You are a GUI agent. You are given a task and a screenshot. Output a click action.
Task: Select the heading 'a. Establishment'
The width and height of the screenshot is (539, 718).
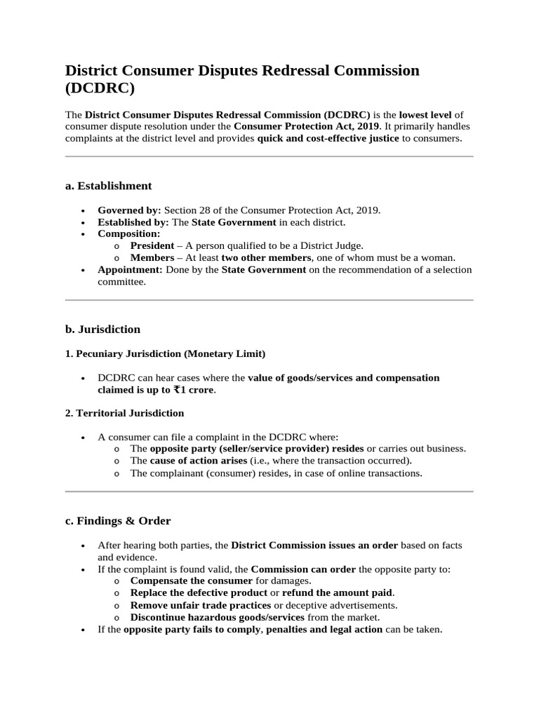pos(108,186)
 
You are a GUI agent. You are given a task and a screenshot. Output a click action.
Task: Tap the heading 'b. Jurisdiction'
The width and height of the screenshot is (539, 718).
pos(102,329)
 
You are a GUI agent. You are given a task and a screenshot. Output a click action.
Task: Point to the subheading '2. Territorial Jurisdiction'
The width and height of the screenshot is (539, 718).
pos(124,413)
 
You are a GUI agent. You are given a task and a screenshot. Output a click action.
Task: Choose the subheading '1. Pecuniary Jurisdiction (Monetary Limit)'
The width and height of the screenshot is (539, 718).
pos(165,353)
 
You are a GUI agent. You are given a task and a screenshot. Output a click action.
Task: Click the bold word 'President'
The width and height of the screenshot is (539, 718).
pos(152,246)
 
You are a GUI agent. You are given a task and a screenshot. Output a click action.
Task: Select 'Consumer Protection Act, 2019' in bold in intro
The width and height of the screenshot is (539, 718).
pos(307,126)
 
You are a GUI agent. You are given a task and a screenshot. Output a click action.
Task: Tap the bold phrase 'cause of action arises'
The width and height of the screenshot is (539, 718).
pos(198,461)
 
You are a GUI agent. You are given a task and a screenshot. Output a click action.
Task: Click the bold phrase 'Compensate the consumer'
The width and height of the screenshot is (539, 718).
pos(191,581)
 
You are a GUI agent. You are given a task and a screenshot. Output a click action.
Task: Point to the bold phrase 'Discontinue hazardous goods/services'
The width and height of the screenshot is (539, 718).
pos(217,617)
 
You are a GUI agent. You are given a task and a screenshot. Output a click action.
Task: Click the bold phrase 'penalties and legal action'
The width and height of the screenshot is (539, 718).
pos(323,629)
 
